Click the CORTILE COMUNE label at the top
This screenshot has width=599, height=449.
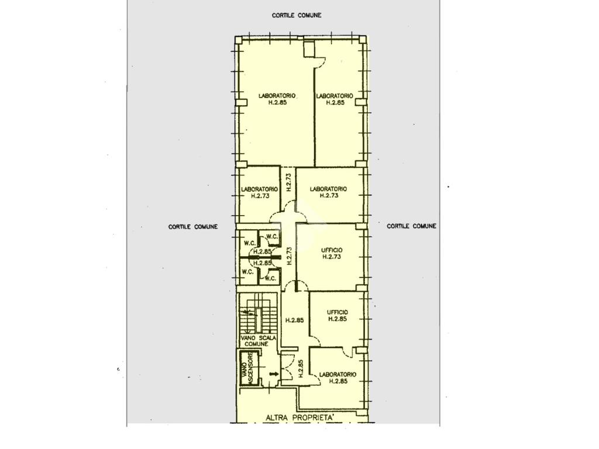297,15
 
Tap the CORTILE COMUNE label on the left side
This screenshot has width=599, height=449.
193,227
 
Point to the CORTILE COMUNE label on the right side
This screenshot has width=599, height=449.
411,226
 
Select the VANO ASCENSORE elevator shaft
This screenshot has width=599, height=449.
249,368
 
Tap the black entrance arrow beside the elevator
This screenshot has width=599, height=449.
274,374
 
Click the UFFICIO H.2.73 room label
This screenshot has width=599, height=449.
332,254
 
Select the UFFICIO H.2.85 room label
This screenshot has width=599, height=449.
338,315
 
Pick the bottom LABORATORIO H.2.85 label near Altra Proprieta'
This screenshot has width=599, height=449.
338,378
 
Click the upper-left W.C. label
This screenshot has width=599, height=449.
250,243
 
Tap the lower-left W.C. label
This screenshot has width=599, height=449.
247,272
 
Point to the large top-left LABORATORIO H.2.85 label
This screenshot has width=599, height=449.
277,99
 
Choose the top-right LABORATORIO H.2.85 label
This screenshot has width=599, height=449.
335,99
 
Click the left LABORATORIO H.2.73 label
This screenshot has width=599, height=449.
259,192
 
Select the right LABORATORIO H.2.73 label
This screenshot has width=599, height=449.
328,192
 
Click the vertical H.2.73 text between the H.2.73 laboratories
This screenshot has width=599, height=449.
289,182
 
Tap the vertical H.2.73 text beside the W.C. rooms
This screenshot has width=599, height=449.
289,256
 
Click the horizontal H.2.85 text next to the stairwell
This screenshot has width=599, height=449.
295,320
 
